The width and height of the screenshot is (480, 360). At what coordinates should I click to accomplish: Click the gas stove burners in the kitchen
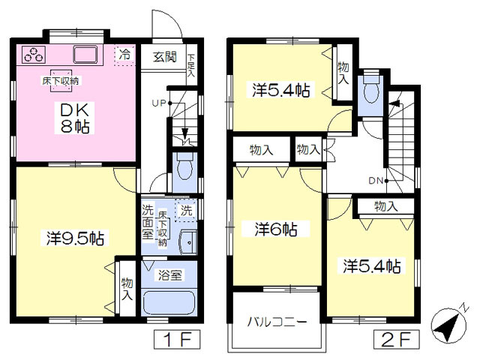(34, 55)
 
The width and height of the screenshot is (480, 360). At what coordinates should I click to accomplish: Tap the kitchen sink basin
(85, 55)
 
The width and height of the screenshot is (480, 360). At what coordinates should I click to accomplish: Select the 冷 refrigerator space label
(124, 55)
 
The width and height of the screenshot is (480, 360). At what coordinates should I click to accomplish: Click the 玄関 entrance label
(165, 57)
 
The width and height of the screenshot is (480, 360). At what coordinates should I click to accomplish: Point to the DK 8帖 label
(75, 118)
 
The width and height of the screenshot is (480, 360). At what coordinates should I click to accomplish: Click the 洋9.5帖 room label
(75, 238)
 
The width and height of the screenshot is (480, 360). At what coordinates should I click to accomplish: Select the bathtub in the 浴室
(169, 302)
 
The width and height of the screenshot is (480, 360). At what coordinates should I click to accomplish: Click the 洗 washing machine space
(186, 210)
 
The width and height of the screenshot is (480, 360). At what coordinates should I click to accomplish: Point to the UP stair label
(159, 103)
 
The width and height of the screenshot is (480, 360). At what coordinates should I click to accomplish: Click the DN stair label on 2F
(376, 181)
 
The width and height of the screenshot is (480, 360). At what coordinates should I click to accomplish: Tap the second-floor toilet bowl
(371, 89)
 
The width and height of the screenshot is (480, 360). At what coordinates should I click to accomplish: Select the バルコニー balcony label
(277, 322)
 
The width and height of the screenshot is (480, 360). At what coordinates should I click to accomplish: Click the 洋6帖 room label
(276, 229)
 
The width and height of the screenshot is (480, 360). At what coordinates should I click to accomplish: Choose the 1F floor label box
(177, 340)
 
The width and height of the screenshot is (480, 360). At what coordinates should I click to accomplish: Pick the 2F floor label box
(397, 340)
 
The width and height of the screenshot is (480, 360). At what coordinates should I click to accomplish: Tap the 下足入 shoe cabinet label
(191, 65)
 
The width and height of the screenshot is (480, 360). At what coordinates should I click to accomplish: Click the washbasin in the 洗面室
(188, 242)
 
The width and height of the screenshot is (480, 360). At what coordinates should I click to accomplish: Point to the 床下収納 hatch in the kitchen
(61, 81)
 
